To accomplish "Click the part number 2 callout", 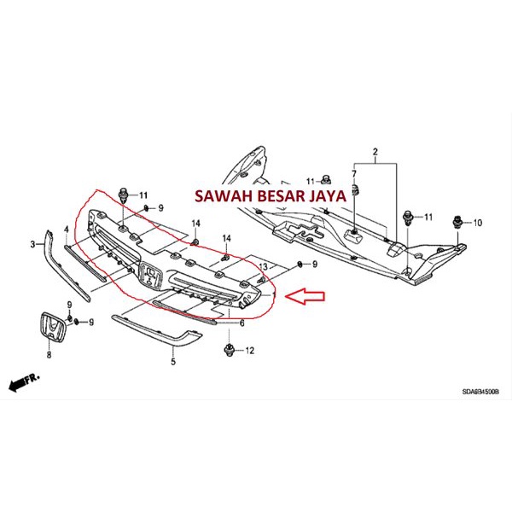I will (373, 154).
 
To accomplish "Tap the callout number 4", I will (66, 230).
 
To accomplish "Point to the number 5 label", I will (172, 362).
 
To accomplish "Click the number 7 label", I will (352, 174).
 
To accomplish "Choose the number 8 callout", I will (49, 354).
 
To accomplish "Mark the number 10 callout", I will (478, 222).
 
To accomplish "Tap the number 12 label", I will (250, 351).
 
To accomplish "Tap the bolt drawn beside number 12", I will (229, 349).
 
